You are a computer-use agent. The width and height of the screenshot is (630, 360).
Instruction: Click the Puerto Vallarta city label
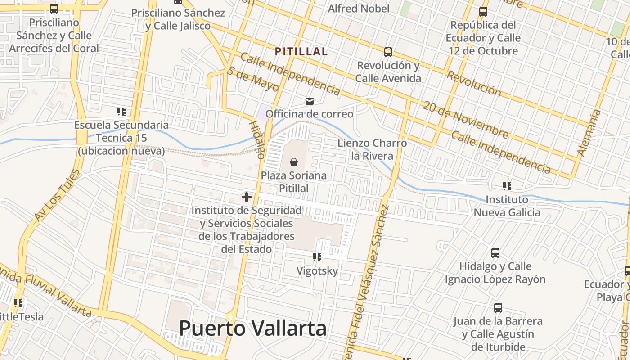click(x=252, y=328)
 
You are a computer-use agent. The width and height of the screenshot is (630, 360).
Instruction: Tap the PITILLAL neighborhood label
click(x=301, y=52)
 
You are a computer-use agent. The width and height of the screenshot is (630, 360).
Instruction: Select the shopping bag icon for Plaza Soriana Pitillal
click(x=294, y=162)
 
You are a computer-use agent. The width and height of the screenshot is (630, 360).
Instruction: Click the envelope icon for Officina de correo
click(x=310, y=101)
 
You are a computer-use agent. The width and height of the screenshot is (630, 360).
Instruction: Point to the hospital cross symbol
click(x=246, y=197)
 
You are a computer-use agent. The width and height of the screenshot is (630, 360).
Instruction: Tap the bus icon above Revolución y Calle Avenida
click(x=388, y=52)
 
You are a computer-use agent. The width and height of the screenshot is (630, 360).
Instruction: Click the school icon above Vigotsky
click(x=317, y=257)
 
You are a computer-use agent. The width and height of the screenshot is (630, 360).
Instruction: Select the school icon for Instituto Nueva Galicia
click(x=507, y=186)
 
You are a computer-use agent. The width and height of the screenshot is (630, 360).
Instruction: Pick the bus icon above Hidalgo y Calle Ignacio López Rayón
click(x=495, y=253)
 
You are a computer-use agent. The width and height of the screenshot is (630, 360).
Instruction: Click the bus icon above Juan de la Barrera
click(x=498, y=308)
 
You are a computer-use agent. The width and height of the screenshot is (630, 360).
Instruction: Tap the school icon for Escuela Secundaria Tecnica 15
click(x=121, y=111)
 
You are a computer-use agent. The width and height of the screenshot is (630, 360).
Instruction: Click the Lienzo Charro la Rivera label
click(x=372, y=149)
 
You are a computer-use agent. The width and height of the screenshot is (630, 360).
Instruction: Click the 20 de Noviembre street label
click(x=465, y=119)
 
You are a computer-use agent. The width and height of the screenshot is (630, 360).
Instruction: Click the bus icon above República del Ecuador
click(x=483, y=12)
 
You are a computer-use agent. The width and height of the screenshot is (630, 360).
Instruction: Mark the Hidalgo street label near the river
click(x=256, y=139)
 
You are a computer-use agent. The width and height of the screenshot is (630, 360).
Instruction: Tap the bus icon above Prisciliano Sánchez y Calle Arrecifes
click(x=54, y=9)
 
